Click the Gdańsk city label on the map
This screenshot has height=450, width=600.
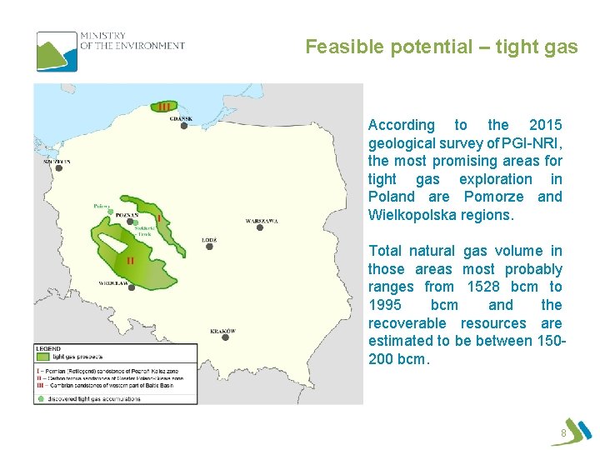[181, 118]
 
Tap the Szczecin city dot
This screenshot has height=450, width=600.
[59, 167]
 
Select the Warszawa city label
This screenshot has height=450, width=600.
[262, 221]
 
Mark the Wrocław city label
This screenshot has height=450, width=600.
[113, 283]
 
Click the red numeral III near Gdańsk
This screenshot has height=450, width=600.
[164, 106]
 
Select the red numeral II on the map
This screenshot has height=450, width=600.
[129, 260]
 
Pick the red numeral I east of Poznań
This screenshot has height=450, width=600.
[159, 218]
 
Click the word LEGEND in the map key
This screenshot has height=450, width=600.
[47, 347]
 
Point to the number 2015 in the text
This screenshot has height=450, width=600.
[546, 125]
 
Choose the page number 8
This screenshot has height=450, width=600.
[564, 433]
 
